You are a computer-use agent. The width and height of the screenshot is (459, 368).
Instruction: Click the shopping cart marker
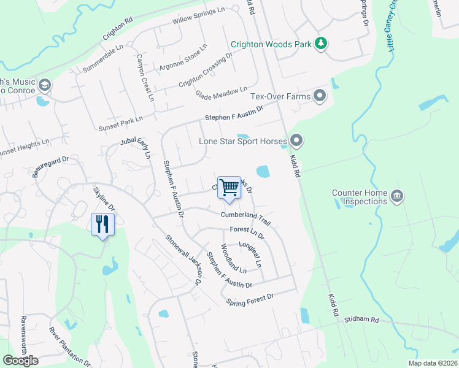tap(229, 188)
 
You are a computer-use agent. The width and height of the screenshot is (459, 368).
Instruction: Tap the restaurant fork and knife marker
tap(101, 224)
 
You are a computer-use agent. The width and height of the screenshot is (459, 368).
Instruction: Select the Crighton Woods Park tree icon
tap(320, 43)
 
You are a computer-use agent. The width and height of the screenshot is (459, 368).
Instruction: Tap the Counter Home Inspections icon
tap(397, 196)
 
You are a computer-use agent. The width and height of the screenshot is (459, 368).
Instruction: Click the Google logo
tap(20, 361)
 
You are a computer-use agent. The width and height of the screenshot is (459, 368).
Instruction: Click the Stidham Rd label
tap(361, 320)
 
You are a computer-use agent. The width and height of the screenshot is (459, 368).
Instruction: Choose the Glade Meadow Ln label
tap(221, 93)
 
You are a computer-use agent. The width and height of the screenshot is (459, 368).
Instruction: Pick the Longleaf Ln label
tap(253, 253)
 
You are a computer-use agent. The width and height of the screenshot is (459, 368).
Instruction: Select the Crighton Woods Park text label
tap(271, 44)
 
